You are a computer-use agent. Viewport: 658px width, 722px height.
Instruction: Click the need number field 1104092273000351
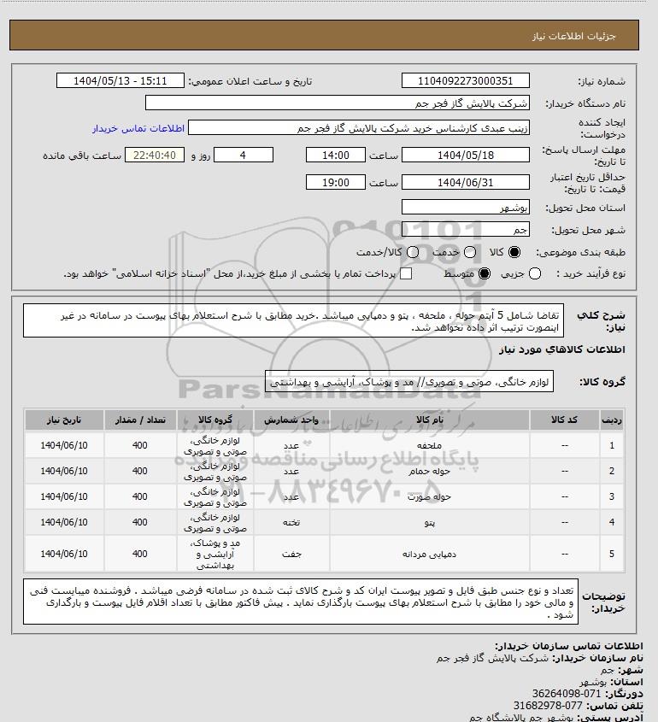point(466,81)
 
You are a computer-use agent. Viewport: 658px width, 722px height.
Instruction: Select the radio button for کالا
point(514,252)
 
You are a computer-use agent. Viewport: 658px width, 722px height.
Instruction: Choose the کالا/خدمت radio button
point(414,252)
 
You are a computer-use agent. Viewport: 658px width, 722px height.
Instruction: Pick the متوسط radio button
point(485,273)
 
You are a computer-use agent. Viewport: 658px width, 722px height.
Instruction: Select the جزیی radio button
point(536,273)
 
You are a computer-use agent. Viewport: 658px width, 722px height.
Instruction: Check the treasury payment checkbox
point(406,273)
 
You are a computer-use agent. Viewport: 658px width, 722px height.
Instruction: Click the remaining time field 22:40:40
point(155,155)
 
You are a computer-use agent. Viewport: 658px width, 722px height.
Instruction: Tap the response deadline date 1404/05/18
point(466,155)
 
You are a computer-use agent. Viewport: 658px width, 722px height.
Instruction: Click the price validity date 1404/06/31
point(466,182)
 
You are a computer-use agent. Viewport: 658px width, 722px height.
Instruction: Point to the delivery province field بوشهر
point(466,208)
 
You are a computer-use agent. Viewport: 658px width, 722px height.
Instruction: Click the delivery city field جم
point(466,229)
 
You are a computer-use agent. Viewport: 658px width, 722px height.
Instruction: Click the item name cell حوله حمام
point(429,471)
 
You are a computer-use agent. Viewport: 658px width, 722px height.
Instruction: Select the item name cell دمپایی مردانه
point(429,554)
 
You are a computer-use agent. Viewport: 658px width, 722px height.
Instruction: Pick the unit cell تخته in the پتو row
point(291,521)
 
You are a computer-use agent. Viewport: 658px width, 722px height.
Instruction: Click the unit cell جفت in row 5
point(291,554)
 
